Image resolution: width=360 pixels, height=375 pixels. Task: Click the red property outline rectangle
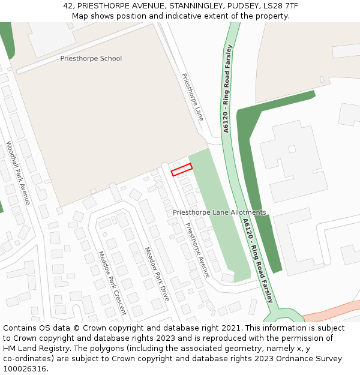tap(181, 170)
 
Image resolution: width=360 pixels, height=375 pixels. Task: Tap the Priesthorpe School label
tap(91, 59)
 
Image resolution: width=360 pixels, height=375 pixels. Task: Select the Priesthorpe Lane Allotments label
tap(219, 212)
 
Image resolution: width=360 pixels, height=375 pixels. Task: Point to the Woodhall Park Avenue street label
tap(18, 173)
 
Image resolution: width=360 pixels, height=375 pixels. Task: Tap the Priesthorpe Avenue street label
tap(197, 250)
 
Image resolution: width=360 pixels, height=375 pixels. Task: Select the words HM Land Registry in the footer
tap(32, 349)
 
